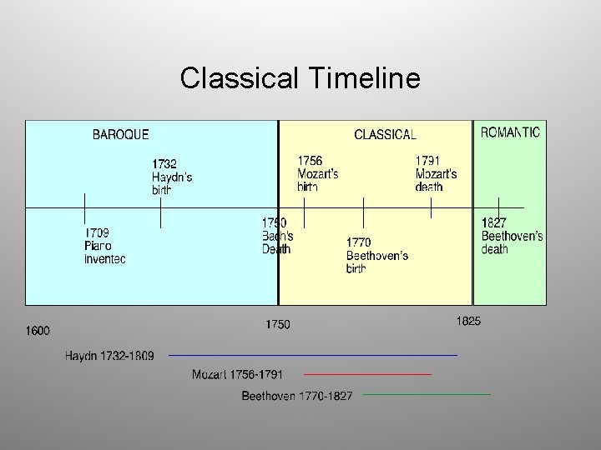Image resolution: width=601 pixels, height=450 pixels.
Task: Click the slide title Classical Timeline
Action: tap(300, 78)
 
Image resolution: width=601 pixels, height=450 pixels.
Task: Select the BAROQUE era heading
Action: tap(121, 134)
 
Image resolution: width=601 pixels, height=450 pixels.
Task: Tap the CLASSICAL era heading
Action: tap(385, 134)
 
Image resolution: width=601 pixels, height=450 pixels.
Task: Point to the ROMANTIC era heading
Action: tap(510, 132)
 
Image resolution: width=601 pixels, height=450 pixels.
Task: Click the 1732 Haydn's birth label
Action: tap(172, 177)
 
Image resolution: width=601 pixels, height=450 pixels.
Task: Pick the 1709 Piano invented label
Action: tap(105, 246)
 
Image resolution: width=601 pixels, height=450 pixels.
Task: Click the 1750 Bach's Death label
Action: tap(277, 236)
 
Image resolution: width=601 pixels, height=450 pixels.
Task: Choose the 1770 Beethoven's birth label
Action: tap(376, 255)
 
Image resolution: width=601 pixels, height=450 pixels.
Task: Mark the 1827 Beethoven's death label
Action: tap(512, 236)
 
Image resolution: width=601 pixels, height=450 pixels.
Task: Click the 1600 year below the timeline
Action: tap(38, 331)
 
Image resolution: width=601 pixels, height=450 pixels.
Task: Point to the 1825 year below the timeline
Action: tap(468, 321)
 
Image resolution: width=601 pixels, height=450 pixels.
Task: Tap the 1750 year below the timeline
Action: tap(278, 324)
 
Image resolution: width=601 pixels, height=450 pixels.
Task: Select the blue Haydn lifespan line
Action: tap(313, 356)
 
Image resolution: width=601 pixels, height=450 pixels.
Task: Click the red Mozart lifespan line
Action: tap(367, 375)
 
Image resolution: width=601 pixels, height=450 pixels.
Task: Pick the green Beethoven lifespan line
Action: tap(427, 394)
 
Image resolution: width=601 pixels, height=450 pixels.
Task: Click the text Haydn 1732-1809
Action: tap(109, 356)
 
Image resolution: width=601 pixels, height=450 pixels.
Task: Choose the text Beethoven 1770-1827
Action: tap(297, 395)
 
